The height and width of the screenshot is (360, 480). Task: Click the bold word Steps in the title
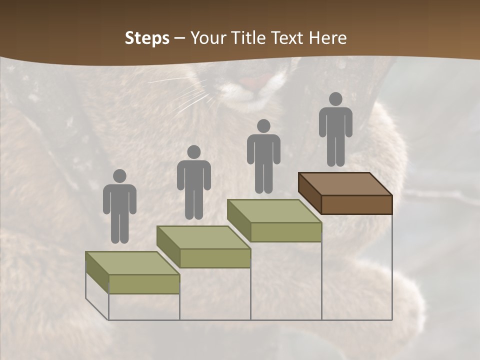tap(147, 38)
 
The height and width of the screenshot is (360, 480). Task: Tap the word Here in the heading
tap(327, 38)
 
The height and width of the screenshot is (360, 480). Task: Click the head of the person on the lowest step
tap(119, 176)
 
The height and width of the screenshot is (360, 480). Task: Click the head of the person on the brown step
tap(335, 99)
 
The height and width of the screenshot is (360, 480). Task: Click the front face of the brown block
tap(356, 204)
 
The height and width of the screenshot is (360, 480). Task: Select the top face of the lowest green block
tap(132, 263)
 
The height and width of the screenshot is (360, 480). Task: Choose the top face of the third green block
tap(274, 211)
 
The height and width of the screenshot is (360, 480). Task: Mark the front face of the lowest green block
tap(144, 284)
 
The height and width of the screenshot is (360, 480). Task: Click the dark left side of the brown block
tap(309, 192)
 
